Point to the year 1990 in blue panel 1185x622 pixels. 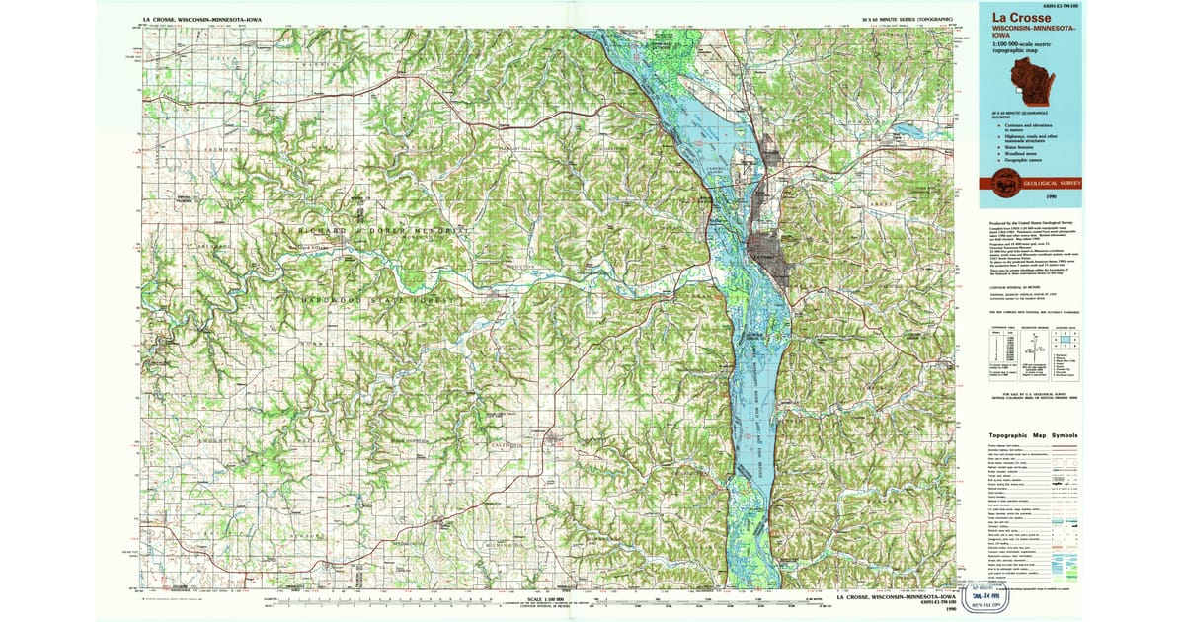coord(1066,197)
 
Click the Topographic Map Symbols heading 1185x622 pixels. coord(1033,435)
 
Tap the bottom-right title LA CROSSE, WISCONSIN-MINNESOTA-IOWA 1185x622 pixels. coord(895,598)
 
